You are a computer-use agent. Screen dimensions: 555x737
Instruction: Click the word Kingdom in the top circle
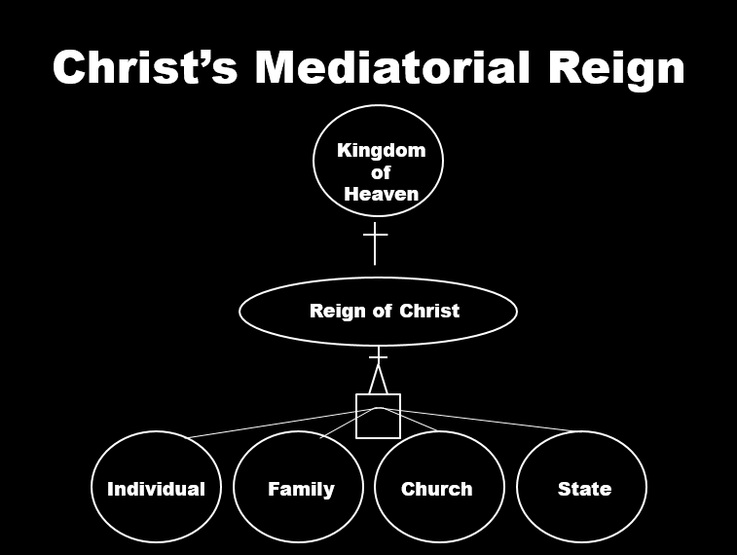click(381, 150)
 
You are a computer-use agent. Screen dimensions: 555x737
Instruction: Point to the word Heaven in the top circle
click(381, 193)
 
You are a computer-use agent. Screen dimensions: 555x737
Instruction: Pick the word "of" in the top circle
click(381, 172)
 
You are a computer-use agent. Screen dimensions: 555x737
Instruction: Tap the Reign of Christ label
click(384, 312)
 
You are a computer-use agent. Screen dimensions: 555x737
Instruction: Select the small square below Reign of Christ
click(379, 417)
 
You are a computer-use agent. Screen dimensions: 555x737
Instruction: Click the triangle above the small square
click(378, 381)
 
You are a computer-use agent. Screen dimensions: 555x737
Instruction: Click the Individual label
click(156, 489)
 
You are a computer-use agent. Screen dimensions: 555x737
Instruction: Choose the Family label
click(301, 489)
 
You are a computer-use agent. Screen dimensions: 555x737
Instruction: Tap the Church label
click(436, 489)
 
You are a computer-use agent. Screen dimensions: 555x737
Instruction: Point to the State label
click(584, 489)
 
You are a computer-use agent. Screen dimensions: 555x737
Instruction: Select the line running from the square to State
click(487, 420)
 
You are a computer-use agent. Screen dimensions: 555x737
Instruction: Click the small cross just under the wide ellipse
click(378, 356)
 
